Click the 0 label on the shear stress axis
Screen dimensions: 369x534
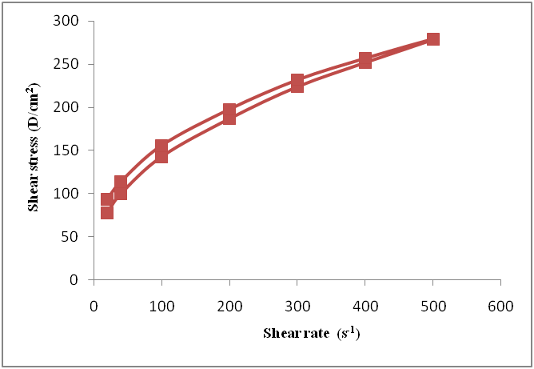coord(80,280)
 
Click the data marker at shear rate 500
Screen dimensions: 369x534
coord(432,39)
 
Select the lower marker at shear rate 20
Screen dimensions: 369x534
coord(107,212)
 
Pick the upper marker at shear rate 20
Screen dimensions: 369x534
coord(107,200)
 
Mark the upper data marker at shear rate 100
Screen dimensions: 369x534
coord(161,146)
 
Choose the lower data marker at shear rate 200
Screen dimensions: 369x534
coord(229,118)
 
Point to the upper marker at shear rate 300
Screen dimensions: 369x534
coord(297,81)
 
